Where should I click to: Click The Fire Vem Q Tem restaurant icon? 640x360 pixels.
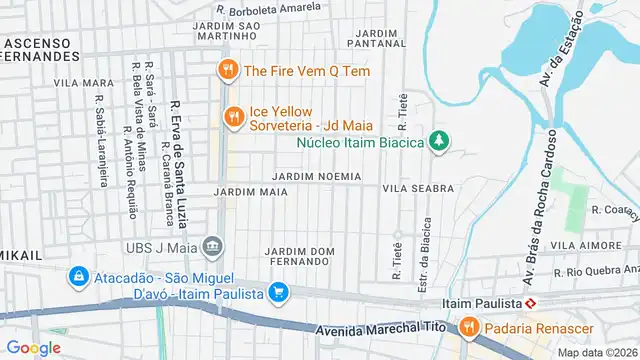228,70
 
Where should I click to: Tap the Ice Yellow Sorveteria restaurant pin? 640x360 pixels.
234,116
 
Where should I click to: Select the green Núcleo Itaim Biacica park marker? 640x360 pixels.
437,141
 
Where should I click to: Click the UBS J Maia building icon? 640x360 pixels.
212,246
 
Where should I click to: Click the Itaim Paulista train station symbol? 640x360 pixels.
532,302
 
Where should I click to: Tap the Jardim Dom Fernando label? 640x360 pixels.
299,255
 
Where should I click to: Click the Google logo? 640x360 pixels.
34,347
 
